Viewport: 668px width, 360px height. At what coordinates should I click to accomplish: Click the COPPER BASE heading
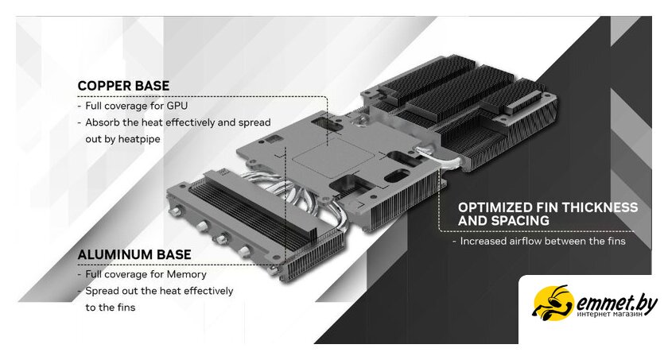coord(123,86)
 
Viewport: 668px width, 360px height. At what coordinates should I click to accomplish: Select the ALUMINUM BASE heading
coord(134,254)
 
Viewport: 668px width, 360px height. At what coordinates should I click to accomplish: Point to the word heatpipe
coord(139,139)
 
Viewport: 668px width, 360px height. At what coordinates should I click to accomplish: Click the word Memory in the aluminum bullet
coord(187,274)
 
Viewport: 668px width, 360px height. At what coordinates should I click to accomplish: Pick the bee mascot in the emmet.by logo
coord(553,303)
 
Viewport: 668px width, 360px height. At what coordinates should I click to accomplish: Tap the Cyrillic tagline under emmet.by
coord(610,315)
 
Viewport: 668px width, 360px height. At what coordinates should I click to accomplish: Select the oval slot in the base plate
coord(396,176)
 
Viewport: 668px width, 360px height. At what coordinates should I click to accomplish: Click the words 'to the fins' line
coord(111,308)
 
